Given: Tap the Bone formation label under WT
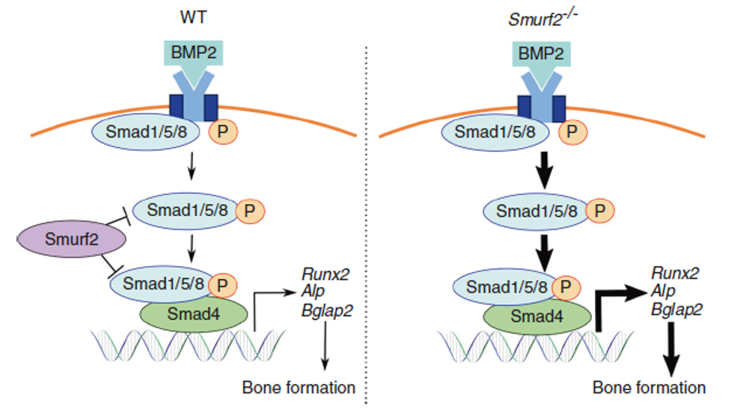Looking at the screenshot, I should click(299, 388).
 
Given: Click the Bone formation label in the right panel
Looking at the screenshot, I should click(649, 388).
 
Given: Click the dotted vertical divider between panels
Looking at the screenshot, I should click(366, 224).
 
